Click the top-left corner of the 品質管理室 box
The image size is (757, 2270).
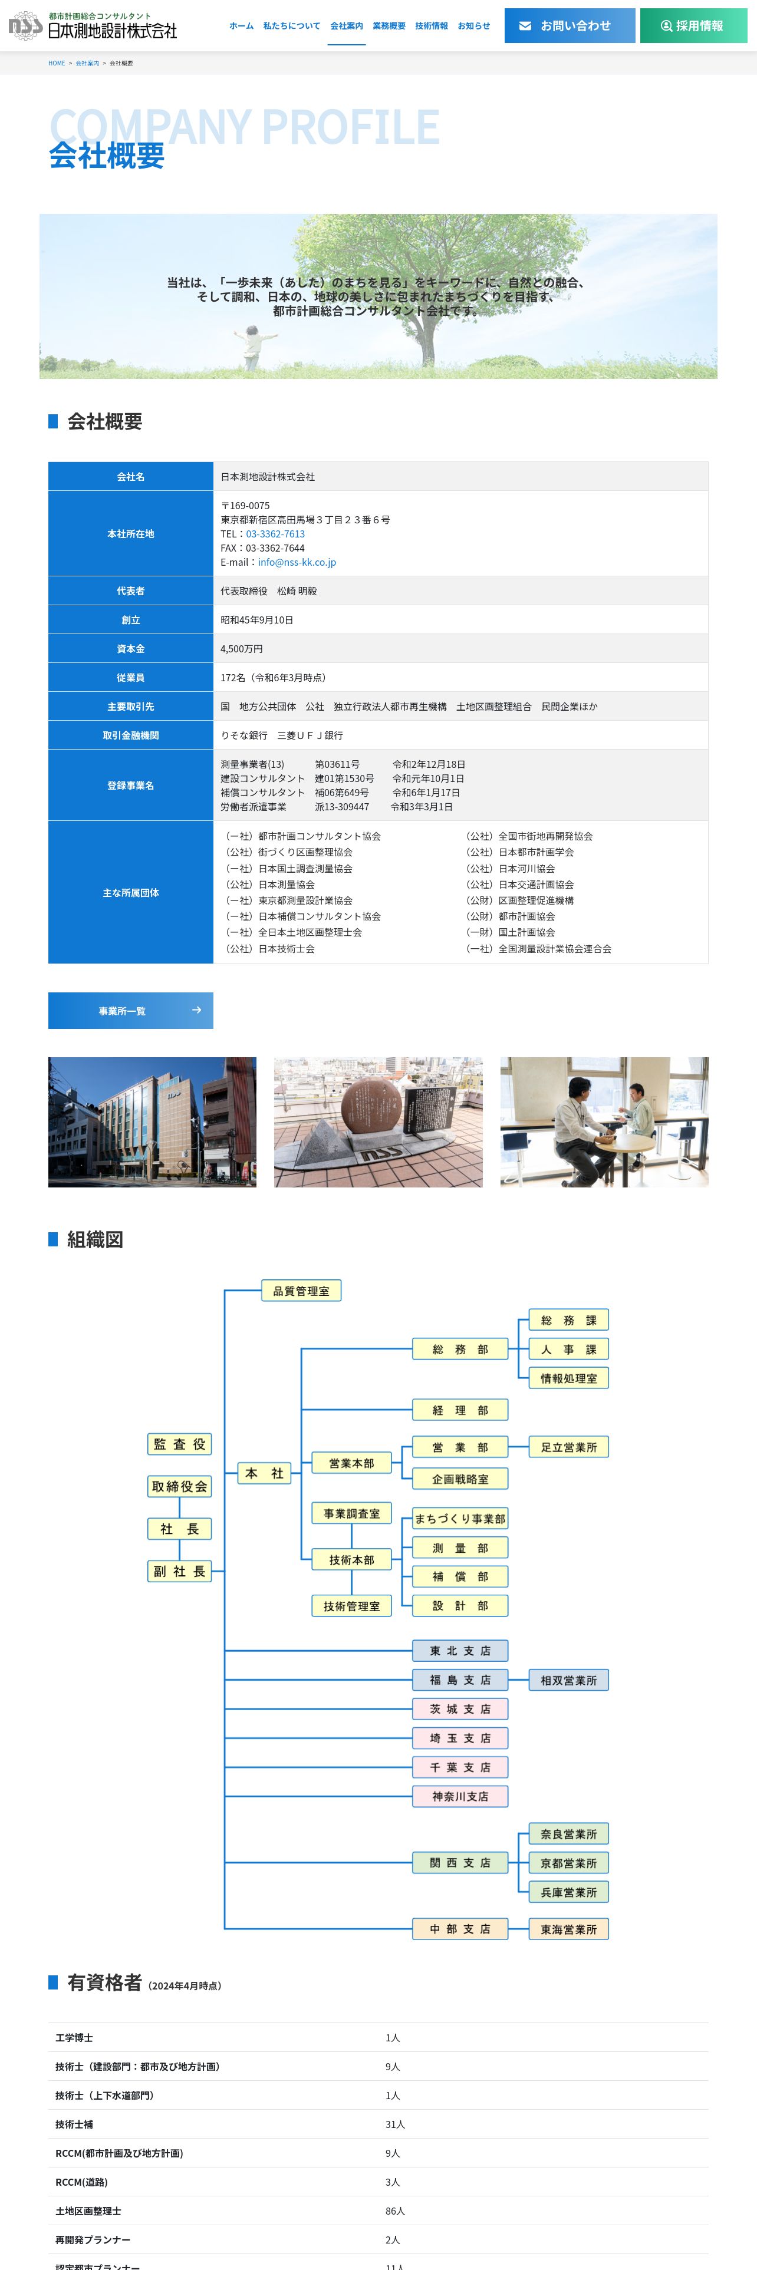[262, 1281]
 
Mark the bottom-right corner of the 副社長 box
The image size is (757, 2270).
[212, 1582]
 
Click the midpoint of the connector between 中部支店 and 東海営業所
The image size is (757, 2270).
[518, 1929]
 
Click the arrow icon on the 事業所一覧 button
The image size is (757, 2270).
[196, 1010]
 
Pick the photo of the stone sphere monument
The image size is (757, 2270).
[378, 1122]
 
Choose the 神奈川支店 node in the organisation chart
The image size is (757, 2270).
[460, 1796]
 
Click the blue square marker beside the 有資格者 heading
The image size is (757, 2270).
[53, 1982]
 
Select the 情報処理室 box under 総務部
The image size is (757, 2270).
[568, 1378]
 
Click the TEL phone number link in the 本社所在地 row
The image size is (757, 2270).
[275, 534]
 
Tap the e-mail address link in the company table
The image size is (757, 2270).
[297, 562]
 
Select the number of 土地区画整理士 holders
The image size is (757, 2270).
[395, 2211]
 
